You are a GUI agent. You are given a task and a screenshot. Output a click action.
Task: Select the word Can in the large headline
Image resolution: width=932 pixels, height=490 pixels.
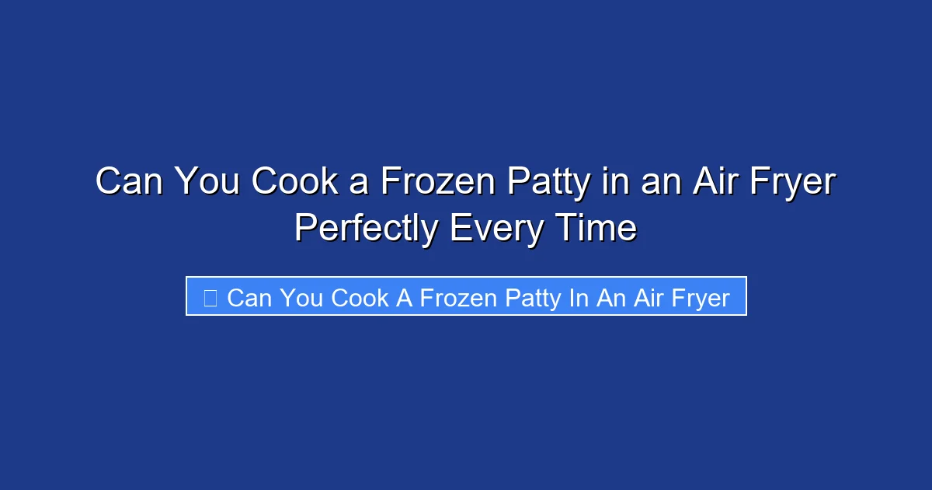(129, 182)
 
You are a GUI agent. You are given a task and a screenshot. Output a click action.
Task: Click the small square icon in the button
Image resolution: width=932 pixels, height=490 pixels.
(210, 297)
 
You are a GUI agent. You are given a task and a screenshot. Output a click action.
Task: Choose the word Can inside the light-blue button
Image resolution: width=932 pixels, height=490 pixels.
(248, 298)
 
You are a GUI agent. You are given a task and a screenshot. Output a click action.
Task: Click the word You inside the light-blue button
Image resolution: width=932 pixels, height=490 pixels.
(301, 298)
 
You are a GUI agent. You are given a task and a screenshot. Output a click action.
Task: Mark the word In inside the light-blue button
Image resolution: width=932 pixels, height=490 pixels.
(579, 298)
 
